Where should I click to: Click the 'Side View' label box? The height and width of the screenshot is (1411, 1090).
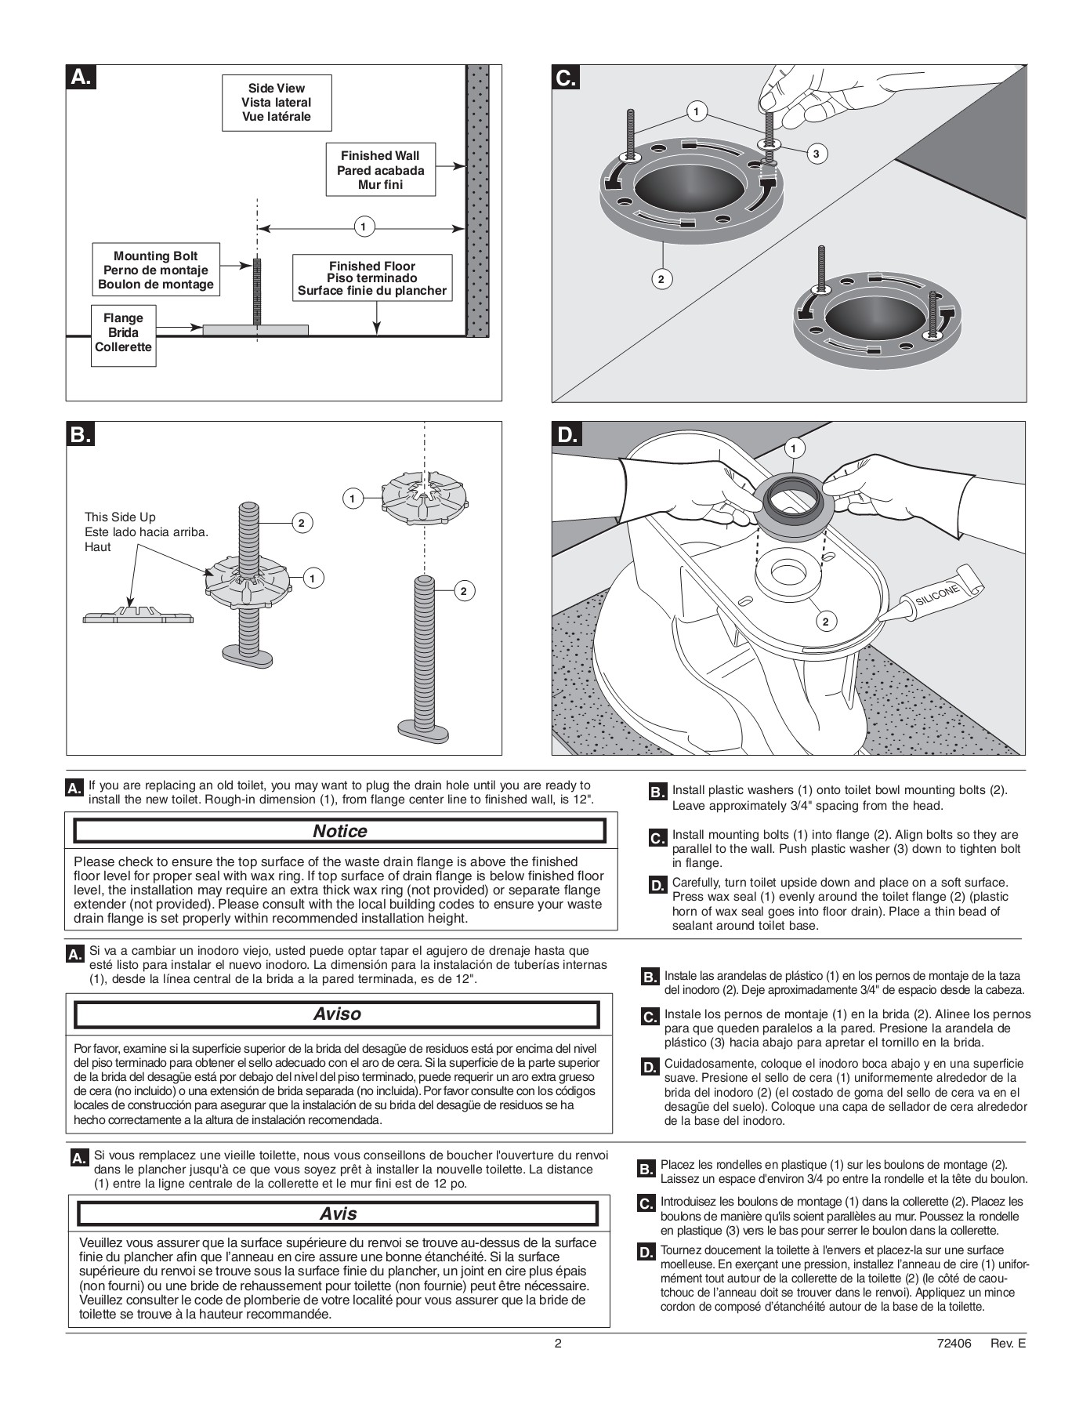[276, 103]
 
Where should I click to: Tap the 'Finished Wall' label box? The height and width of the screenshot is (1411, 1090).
[380, 170]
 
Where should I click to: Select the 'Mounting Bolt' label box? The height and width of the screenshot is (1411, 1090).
[155, 270]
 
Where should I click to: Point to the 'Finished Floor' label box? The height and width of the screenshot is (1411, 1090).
[371, 278]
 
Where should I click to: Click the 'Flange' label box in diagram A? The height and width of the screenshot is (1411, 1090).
[123, 332]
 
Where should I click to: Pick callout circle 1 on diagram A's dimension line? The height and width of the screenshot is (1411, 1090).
[363, 228]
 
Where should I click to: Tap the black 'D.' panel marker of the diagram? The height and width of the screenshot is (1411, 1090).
[567, 434]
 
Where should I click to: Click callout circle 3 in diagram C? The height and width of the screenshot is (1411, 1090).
[816, 154]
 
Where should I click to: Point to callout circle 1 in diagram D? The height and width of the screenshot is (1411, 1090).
[794, 448]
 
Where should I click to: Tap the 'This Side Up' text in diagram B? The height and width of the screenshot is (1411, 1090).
[120, 517]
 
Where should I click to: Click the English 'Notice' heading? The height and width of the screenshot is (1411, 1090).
[339, 831]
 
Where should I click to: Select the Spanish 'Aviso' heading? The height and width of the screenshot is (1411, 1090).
[337, 1014]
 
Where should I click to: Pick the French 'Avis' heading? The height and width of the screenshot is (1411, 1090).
[338, 1213]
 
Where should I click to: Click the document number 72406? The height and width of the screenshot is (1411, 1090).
[954, 1343]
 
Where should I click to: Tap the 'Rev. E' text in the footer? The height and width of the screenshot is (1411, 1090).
[1008, 1343]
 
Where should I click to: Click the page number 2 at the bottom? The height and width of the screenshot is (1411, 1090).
[558, 1343]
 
